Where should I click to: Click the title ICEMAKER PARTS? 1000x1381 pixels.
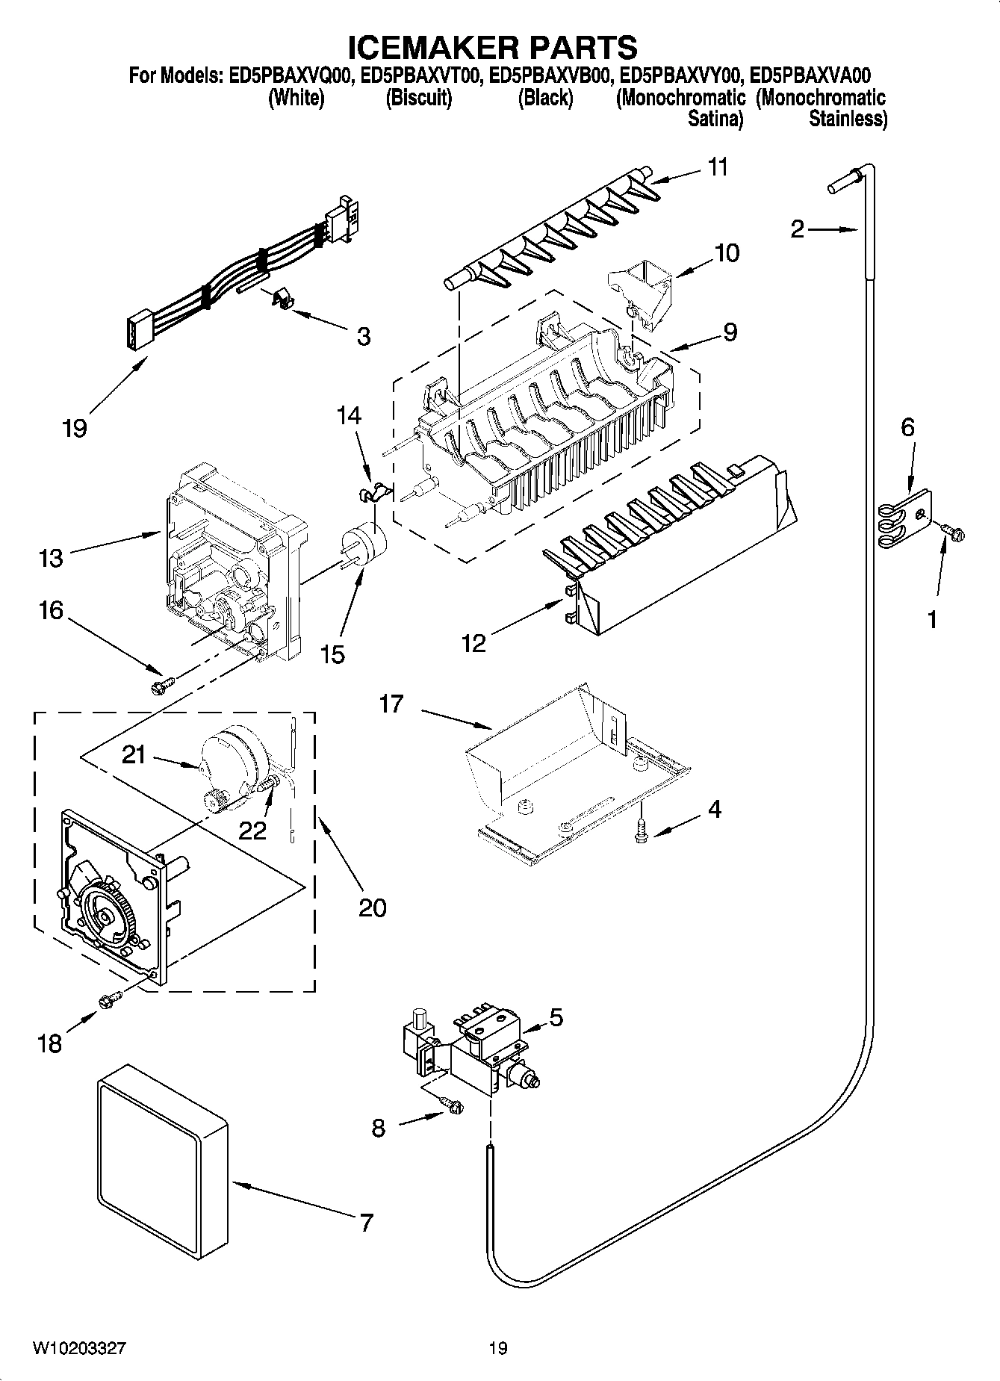click(493, 47)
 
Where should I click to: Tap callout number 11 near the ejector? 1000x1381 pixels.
click(717, 167)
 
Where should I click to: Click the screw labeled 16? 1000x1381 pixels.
click(162, 683)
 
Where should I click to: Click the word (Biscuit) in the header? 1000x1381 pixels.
click(418, 98)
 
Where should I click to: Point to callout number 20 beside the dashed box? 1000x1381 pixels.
click(373, 907)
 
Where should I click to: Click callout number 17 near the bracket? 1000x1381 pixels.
click(391, 704)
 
